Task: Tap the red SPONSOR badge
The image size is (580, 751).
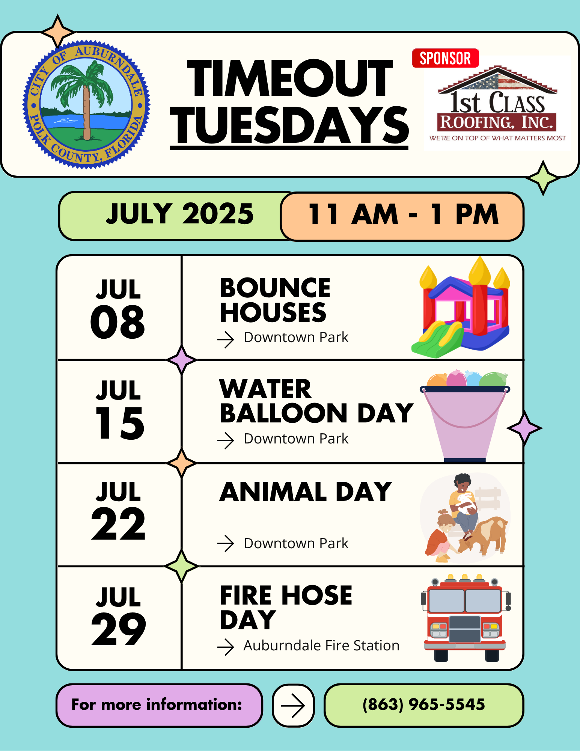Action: (445, 58)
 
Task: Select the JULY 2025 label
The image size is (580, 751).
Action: (180, 214)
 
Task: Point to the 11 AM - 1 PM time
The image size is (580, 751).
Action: (403, 214)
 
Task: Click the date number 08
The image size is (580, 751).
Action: (118, 321)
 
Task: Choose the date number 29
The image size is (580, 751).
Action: (119, 629)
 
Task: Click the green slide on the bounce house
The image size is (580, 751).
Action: (438, 340)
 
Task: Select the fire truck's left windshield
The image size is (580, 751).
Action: (446, 601)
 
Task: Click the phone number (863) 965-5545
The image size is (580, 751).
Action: (424, 704)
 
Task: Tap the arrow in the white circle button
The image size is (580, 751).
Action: (293, 706)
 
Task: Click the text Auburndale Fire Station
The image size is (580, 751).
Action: (321, 645)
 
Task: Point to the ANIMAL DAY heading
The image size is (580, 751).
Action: (306, 492)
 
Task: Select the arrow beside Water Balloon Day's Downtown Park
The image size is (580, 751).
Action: (226, 440)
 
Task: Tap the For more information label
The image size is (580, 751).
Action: (157, 704)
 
